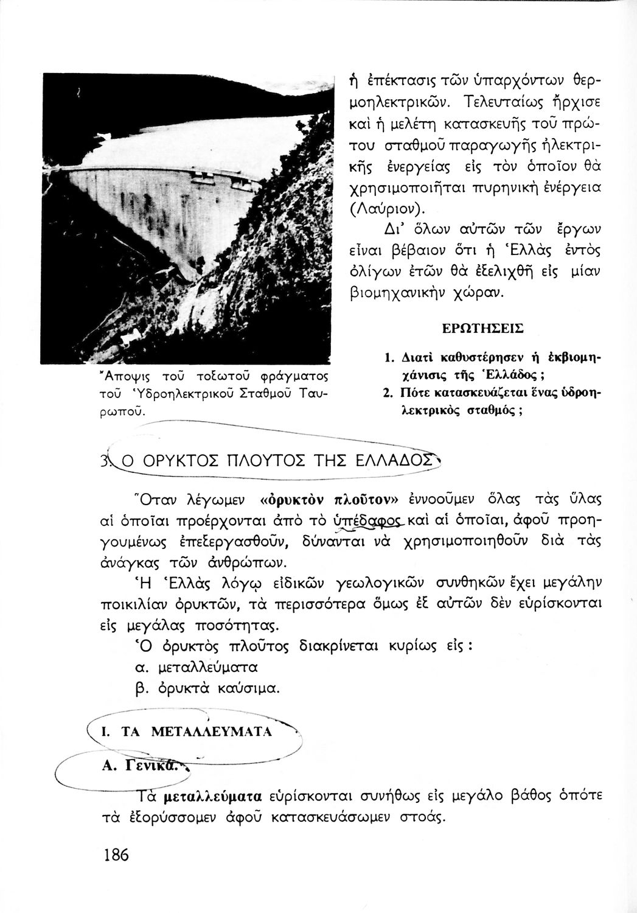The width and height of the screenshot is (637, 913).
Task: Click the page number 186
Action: [116, 855]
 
